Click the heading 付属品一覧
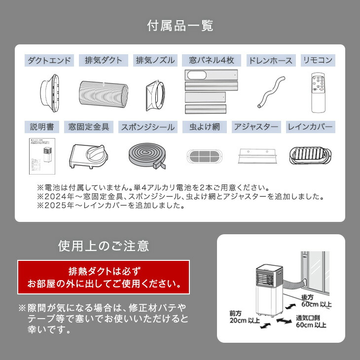click(180, 26)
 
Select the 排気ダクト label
click(103, 61)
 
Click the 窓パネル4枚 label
click(211, 61)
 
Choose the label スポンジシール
click(147, 127)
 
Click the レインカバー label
click(310, 127)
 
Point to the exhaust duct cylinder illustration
click(103, 93)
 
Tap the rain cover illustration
click(309, 155)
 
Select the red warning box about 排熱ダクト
click(103, 278)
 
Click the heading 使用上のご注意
click(103, 245)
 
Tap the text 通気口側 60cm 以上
click(311, 321)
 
